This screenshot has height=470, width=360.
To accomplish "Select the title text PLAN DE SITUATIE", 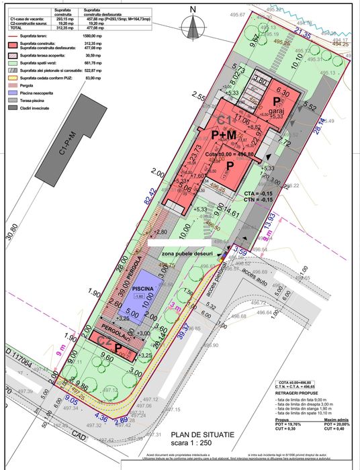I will pyautogui.click(x=203, y=436).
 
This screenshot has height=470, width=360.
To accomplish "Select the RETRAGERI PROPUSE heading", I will pyautogui.click(x=300, y=393).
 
